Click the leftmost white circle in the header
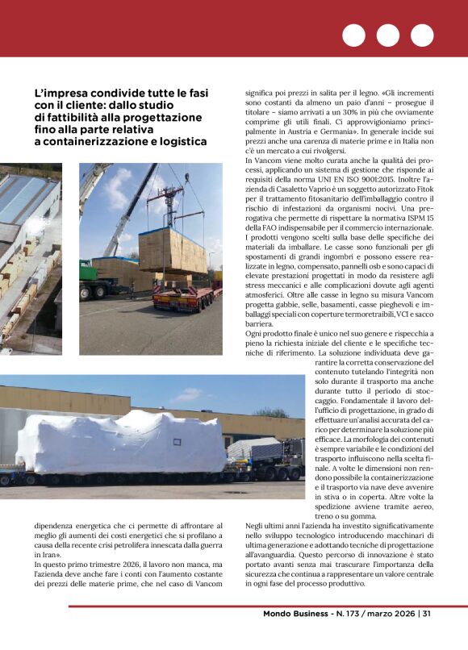pyautogui.click(x=354, y=35)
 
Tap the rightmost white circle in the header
pyautogui.click(x=422, y=35)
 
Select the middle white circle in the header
pyautogui.click(x=388, y=35)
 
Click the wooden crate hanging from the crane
pyautogui.click(x=172, y=250)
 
